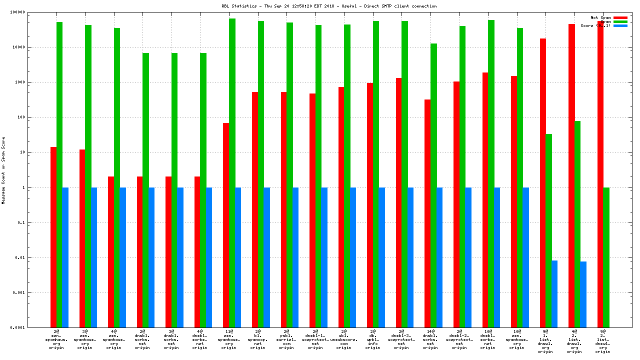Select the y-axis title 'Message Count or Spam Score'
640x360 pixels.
tap(3, 170)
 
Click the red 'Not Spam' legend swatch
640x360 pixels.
tap(620, 17)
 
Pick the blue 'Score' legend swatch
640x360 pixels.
tap(620, 25)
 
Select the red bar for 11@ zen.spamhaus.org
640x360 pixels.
tap(226, 225)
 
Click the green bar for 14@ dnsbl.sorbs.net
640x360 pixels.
tap(433, 185)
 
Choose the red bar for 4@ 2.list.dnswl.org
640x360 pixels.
tap(571, 175)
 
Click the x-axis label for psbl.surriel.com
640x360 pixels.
tap(286, 339)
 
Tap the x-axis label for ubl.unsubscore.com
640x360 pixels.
tap(344, 339)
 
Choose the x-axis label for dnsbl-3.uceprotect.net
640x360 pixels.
tap(401, 339)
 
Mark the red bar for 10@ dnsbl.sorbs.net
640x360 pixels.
tap(485, 200)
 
